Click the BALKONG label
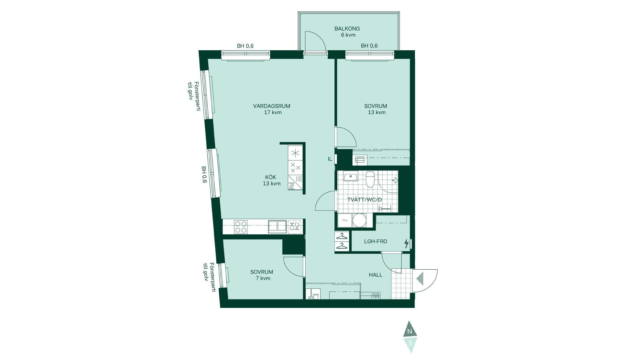click(x=347, y=29)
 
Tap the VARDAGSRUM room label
click(x=272, y=106)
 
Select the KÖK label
click(x=271, y=177)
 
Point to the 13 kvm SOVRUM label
click(x=376, y=106)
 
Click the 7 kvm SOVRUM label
click(x=262, y=272)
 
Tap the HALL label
click(x=376, y=275)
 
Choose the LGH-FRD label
click(x=376, y=241)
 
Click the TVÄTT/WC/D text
click(x=365, y=200)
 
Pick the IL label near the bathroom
click(x=330, y=159)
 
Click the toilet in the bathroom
click(x=370, y=179)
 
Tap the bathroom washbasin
click(x=350, y=177)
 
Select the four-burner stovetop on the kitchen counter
click(x=241, y=227)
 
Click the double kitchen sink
click(x=277, y=227)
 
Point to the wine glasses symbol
click(x=295, y=226)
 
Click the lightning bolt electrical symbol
click(x=406, y=243)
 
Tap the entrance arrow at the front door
click(x=420, y=278)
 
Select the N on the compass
click(x=410, y=332)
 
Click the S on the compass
click(x=410, y=342)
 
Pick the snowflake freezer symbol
click(x=296, y=153)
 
